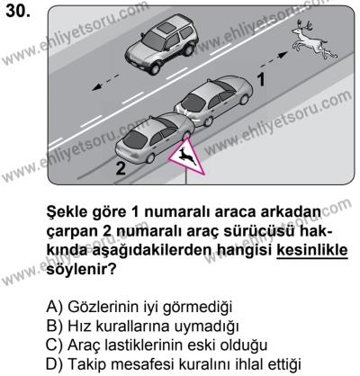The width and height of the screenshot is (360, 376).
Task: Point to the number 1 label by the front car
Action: point(261,80)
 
